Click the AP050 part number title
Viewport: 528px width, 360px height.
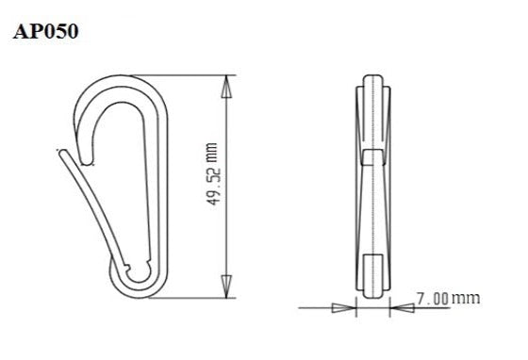[46, 31]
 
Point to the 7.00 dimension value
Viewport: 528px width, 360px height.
[432, 299]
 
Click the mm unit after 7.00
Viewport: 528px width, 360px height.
[465, 299]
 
